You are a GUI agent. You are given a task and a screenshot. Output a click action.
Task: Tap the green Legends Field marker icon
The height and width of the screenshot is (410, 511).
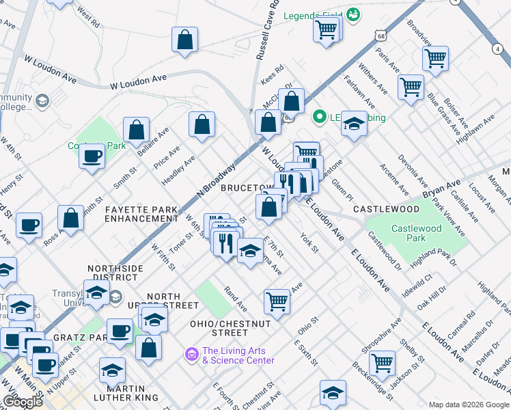(353, 14)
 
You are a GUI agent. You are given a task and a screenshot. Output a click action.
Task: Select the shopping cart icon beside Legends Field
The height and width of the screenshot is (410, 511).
(327, 29)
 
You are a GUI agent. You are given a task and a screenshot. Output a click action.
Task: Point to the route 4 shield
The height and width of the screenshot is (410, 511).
(495, 49)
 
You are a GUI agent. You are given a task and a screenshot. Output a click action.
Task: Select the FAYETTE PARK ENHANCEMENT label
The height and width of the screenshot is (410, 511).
(141, 213)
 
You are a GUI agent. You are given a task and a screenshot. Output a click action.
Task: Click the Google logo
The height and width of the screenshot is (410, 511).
(23, 402)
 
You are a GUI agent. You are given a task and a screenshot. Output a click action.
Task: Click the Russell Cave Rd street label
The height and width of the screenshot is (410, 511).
(268, 31)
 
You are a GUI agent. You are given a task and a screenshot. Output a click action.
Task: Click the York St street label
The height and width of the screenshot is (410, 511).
(309, 243)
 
